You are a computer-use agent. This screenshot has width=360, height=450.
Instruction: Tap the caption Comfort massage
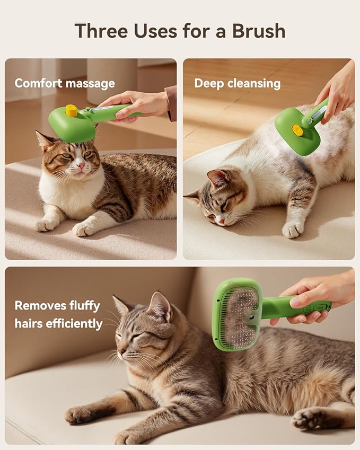65,83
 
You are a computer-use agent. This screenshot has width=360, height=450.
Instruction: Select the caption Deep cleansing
237,83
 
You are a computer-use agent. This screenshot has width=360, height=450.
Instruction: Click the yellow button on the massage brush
71,110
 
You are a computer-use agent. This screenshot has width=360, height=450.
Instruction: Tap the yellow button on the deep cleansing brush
298,130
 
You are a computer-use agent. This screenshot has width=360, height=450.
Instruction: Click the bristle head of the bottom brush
239,314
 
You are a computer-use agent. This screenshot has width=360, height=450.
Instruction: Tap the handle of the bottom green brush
302,307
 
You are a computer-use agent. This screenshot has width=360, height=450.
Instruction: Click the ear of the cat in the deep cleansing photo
218,179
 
